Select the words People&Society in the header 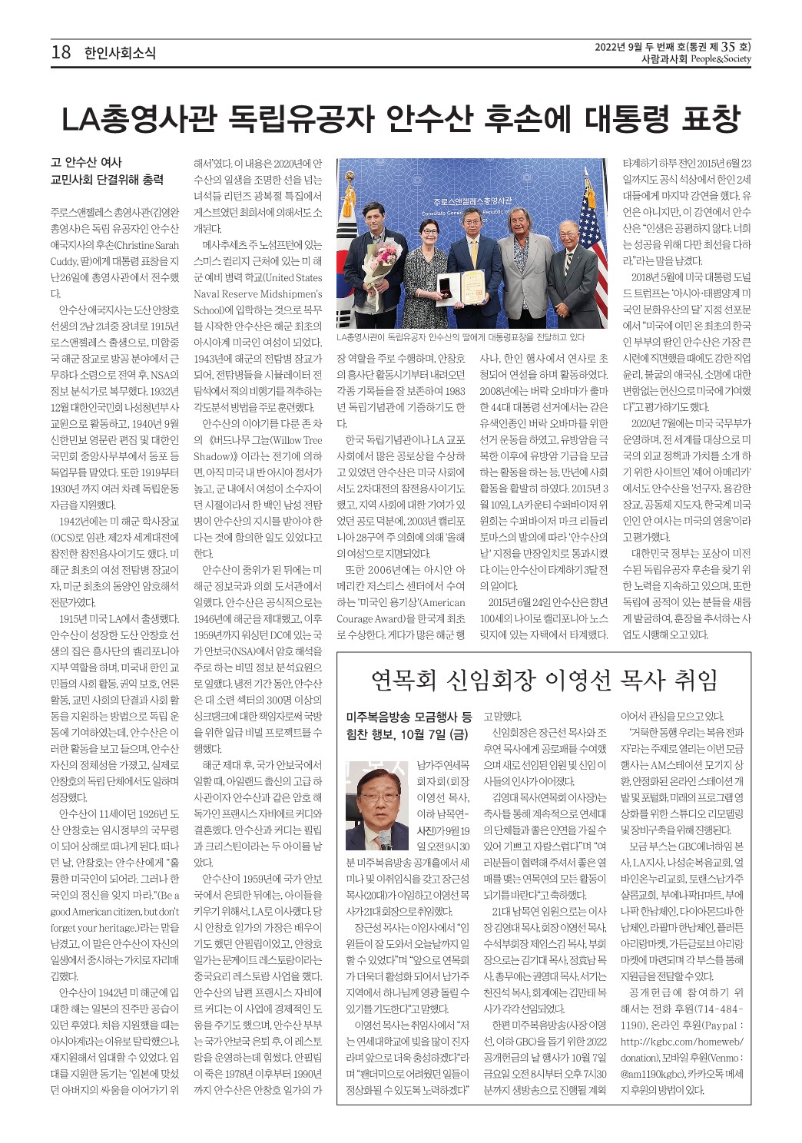(720, 58)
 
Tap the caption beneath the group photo (460, 336)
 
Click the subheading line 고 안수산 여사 (86, 162)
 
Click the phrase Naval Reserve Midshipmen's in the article (257, 293)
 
